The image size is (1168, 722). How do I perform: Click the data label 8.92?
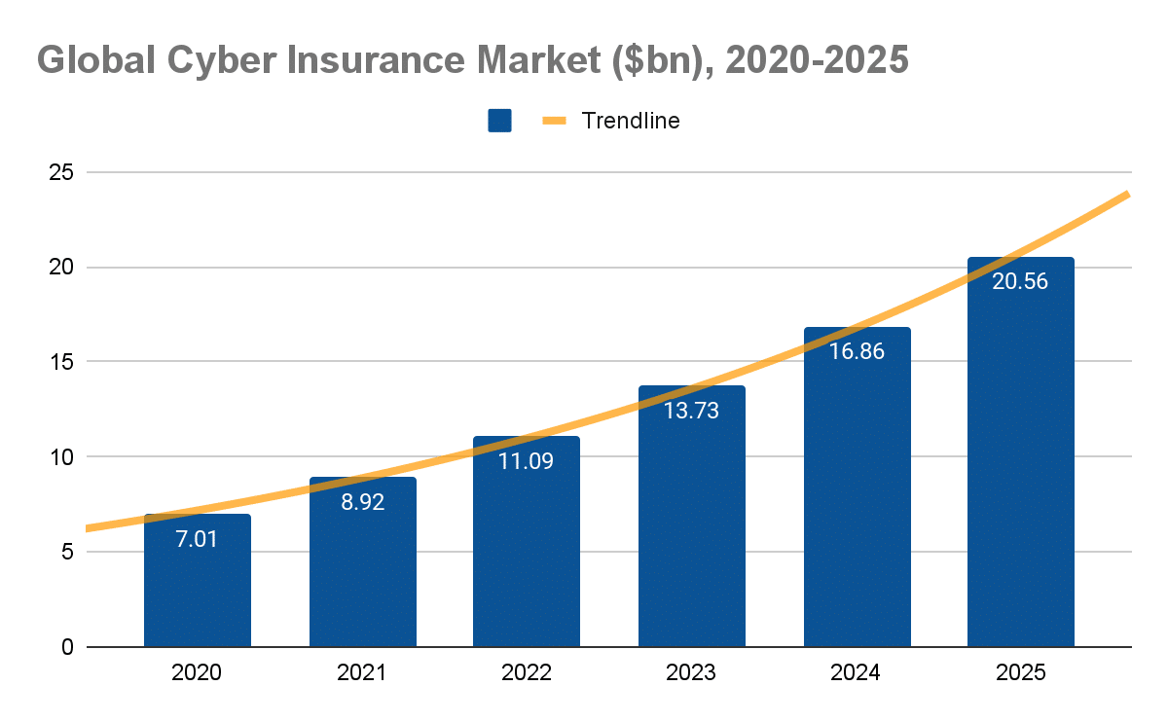[x=362, y=504]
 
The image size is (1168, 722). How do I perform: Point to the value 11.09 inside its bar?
[x=526, y=462]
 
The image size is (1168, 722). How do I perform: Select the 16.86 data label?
[x=857, y=352]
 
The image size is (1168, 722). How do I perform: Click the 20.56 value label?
[x=1020, y=282]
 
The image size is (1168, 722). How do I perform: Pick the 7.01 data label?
[x=198, y=539]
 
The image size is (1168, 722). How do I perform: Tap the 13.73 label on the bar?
[x=691, y=411]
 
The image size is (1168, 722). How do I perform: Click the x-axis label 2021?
[x=362, y=672]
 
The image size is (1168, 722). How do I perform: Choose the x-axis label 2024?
[x=857, y=672]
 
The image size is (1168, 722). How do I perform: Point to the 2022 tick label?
[x=527, y=672]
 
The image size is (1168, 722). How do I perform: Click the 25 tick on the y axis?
[x=61, y=173]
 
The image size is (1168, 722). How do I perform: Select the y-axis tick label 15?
[x=61, y=362]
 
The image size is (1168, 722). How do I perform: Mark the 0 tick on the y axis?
[x=67, y=647]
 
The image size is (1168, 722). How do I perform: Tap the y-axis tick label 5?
[x=67, y=552]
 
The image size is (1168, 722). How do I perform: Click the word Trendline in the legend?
[x=630, y=121]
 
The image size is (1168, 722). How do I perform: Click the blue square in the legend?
[x=499, y=121]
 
